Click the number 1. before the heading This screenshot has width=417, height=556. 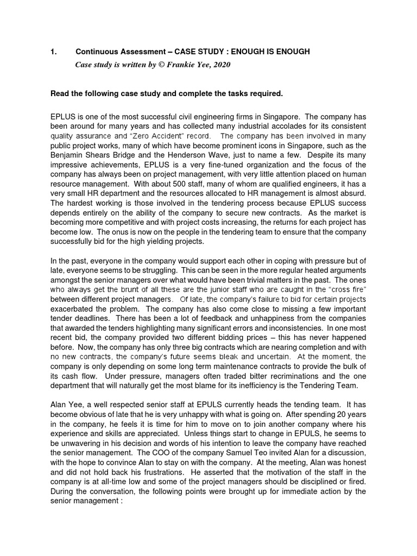point(53,52)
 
